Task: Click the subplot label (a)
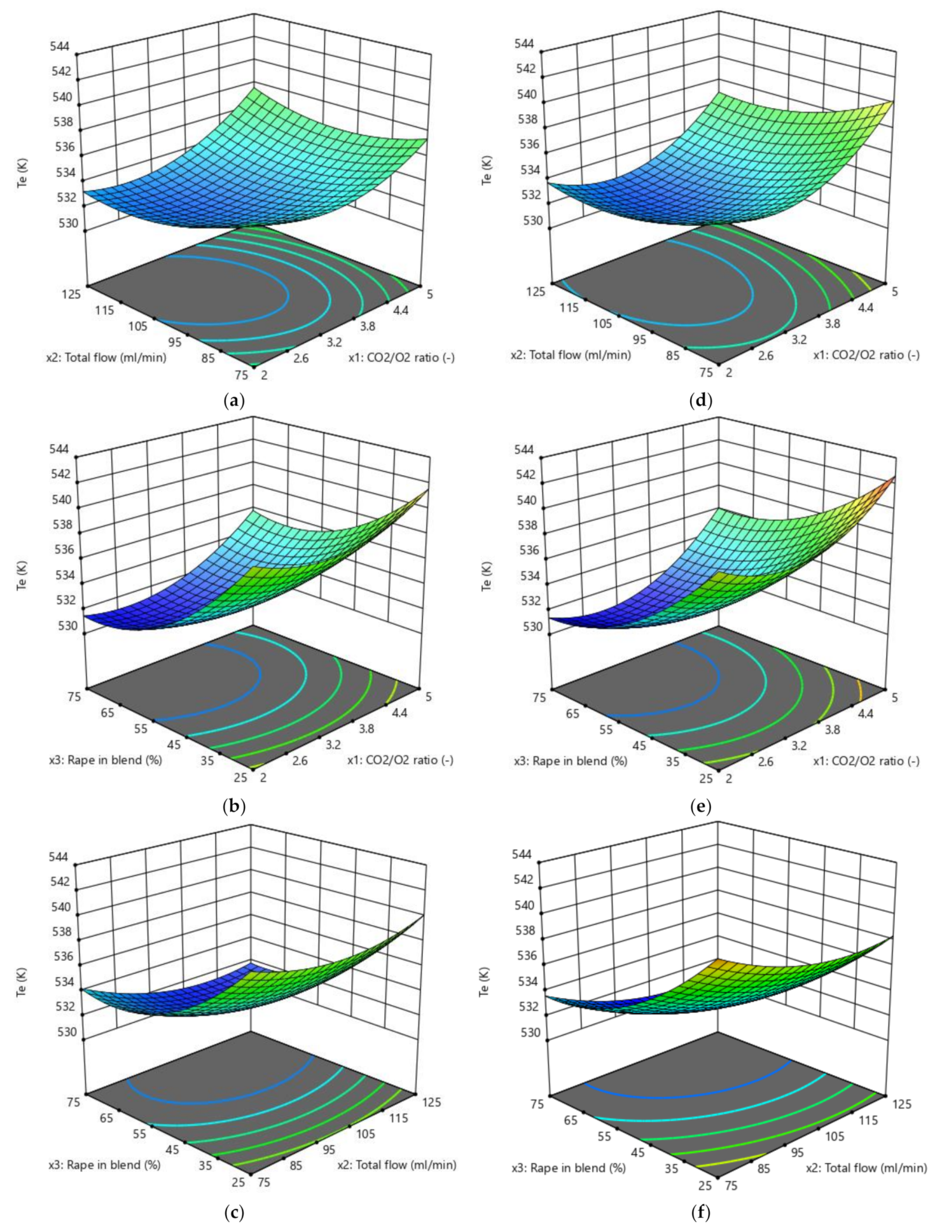[x=234, y=401]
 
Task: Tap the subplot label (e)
[x=700, y=807]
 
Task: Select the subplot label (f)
[x=700, y=1212]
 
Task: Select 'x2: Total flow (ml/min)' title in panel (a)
[x=106, y=358]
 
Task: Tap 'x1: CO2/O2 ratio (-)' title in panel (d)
[x=866, y=354]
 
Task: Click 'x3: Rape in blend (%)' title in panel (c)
[x=104, y=1164]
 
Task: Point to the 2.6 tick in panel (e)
[x=766, y=761]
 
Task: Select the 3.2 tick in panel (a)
[x=334, y=342]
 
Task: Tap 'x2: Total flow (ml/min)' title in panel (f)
[x=866, y=1168]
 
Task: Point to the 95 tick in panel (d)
[x=639, y=340]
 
